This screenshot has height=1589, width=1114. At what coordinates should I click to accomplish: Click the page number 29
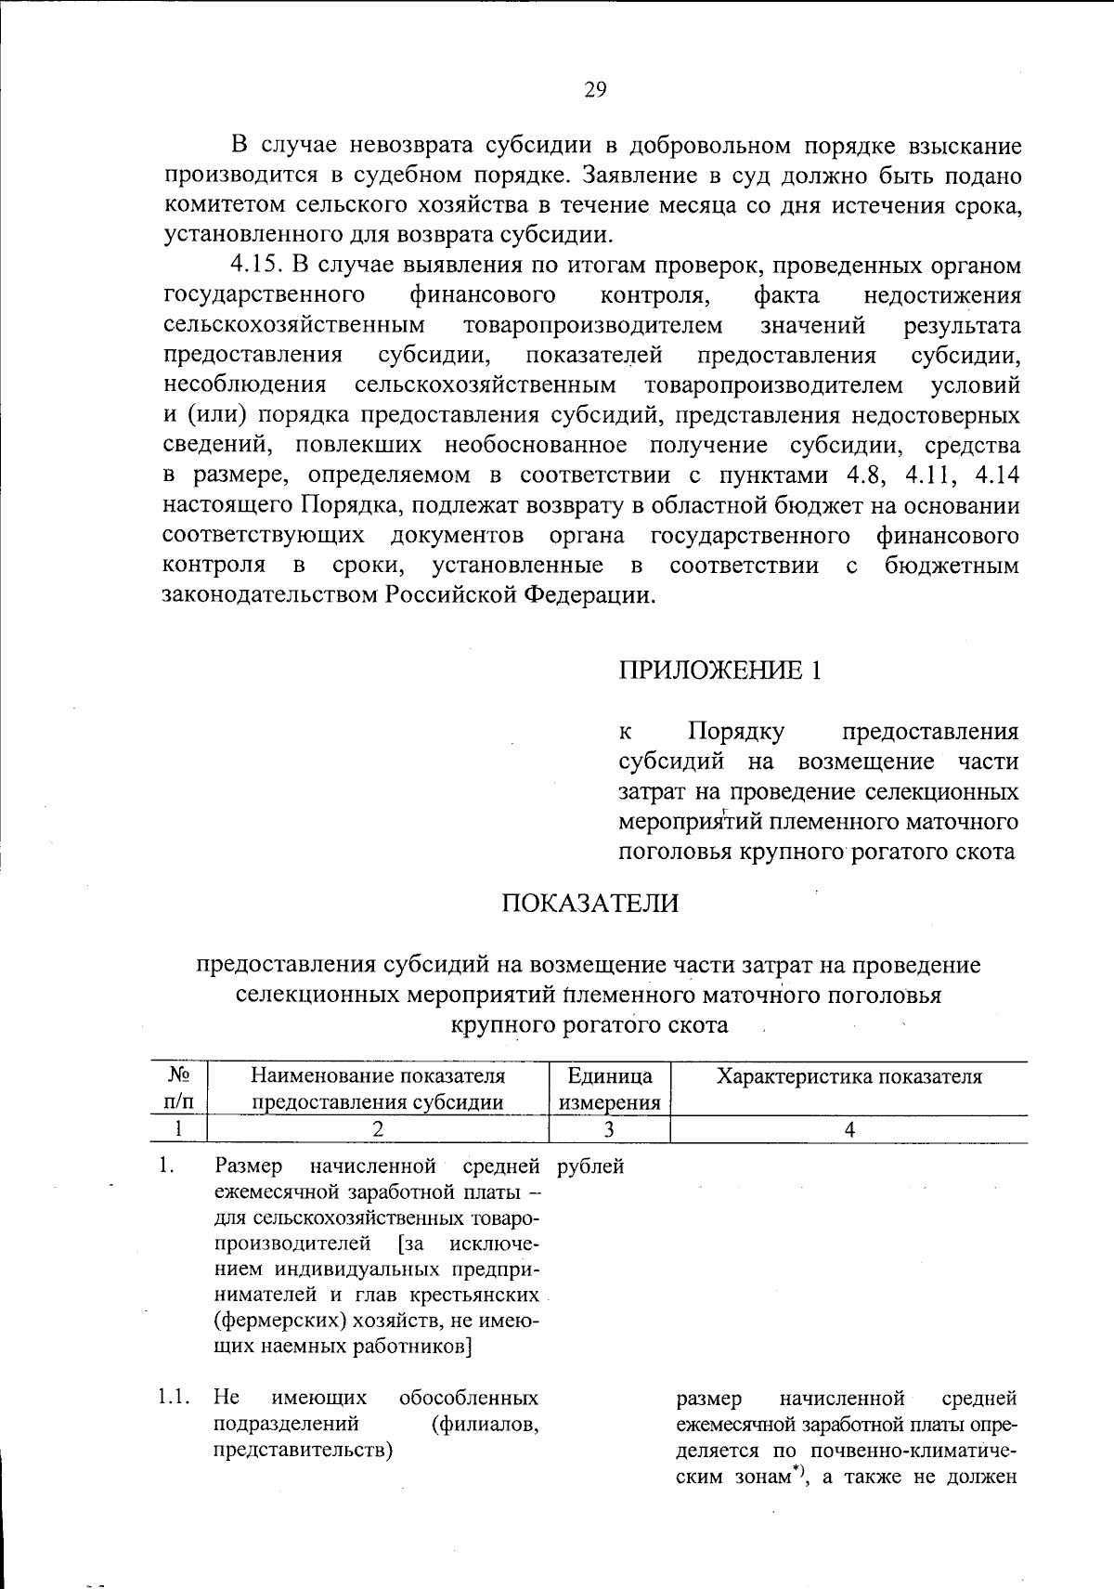tap(595, 89)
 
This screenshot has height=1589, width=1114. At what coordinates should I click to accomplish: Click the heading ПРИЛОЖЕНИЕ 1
tap(719, 671)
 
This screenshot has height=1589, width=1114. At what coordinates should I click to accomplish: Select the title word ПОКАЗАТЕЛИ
tap(590, 903)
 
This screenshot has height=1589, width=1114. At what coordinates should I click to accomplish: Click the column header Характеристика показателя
tap(848, 1076)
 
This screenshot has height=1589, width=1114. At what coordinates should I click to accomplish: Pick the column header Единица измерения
tap(610, 1089)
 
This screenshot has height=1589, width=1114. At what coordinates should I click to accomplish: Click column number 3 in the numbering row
tap(609, 1129)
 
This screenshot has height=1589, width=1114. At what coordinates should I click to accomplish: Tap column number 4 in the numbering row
tap(848, 1129)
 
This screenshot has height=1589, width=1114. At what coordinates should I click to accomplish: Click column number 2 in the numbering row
tap(377, 1129)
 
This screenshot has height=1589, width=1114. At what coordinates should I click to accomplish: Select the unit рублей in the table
tap(591, 1166)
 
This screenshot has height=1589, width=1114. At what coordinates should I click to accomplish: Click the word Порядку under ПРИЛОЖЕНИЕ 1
tap(736, 732)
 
